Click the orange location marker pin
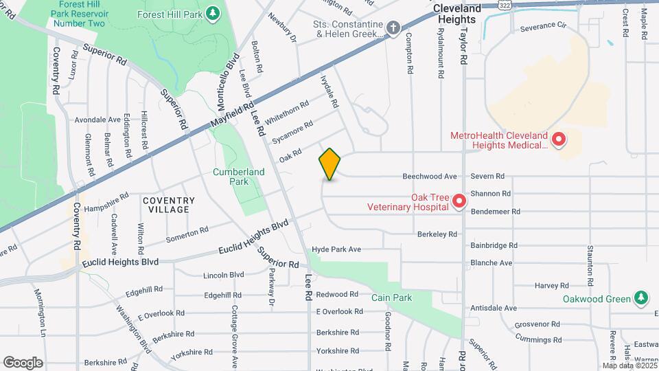(x=330, y=164)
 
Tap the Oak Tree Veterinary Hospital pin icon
(x=459, y=201)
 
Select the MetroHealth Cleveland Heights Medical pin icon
(x=559, y=140)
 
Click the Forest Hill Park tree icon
(x=213, y=12)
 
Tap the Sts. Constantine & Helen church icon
(x=393, y=28)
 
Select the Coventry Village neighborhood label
(x=169, y=205)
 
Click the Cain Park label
(x=391, y=297)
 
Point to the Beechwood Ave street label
(x=429, y=177)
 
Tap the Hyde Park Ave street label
(x=336, y=249)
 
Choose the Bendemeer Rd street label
(x=495, y=212)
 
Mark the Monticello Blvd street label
(x=227, y=81)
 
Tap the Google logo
(x=23, y=362)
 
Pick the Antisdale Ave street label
(x=493, y=308)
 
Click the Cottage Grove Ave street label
(x=234, y=337)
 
